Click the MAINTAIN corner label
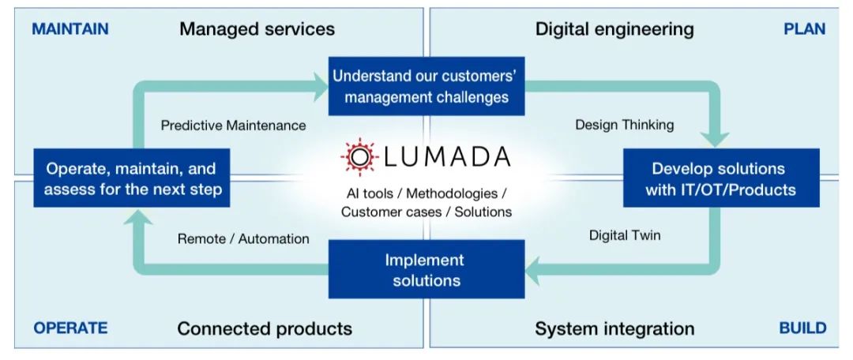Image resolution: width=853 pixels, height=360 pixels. tap(70, 29)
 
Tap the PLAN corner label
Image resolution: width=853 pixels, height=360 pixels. tap(804, 29)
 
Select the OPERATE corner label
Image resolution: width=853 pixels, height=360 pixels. tap(70, 328)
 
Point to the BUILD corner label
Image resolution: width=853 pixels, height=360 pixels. tap(802, 328)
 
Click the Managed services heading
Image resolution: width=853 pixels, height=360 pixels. tap(257, 29)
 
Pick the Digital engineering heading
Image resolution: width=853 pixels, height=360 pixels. tap(614, 29)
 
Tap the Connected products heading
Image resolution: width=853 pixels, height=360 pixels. tap(265, 328)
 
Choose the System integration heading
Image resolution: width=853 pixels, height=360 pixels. tap(614, 328)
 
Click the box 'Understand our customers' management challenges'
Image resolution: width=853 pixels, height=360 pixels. tap(426, 87)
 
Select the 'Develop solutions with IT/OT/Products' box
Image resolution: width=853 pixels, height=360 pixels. tap(718, 179)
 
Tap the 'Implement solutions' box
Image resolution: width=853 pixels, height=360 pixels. tap(426, 269)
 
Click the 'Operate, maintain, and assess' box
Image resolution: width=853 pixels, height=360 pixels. tap(131, 179)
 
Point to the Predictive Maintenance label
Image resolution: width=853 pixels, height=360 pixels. tap(233, 126)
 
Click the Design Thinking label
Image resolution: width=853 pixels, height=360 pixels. tap(624, 125)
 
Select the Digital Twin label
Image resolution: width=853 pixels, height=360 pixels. tap(625, 235)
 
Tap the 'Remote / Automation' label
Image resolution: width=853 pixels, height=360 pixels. tap(243, 238)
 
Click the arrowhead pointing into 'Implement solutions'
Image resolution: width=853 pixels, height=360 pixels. tap(537, 272)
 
